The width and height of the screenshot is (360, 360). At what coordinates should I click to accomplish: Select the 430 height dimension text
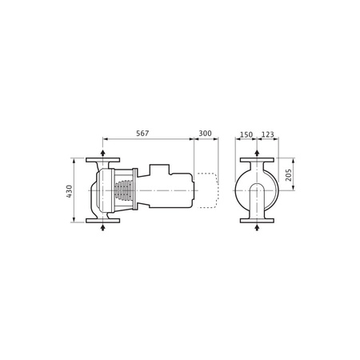point(70,191)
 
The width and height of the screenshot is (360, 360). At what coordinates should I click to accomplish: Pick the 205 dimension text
point(289,175)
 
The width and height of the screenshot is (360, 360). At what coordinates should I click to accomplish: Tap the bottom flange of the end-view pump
point(256,222)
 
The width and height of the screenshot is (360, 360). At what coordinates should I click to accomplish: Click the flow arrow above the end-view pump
point(256,151)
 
